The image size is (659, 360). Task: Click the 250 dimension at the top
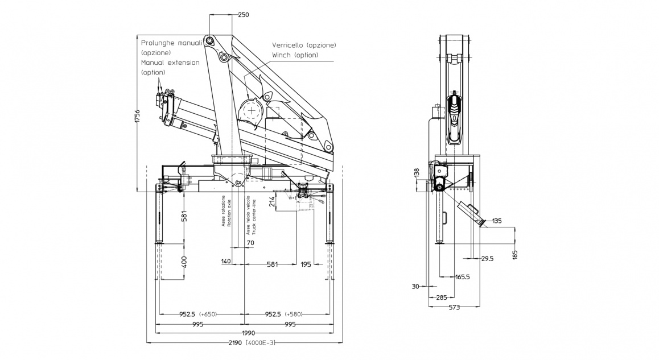point(243,15)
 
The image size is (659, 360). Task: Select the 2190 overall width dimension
point(232,342)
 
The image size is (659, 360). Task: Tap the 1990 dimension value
point(248,333)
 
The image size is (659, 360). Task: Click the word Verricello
point(288,45)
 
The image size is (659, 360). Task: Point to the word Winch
point(281,55)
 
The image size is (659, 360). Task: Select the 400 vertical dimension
point(184,262)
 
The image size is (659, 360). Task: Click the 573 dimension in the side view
point(454,307)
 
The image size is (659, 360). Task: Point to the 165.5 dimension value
point(463,277)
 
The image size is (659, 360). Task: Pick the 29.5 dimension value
point(487,258)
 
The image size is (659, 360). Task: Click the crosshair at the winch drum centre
point(250,110)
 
